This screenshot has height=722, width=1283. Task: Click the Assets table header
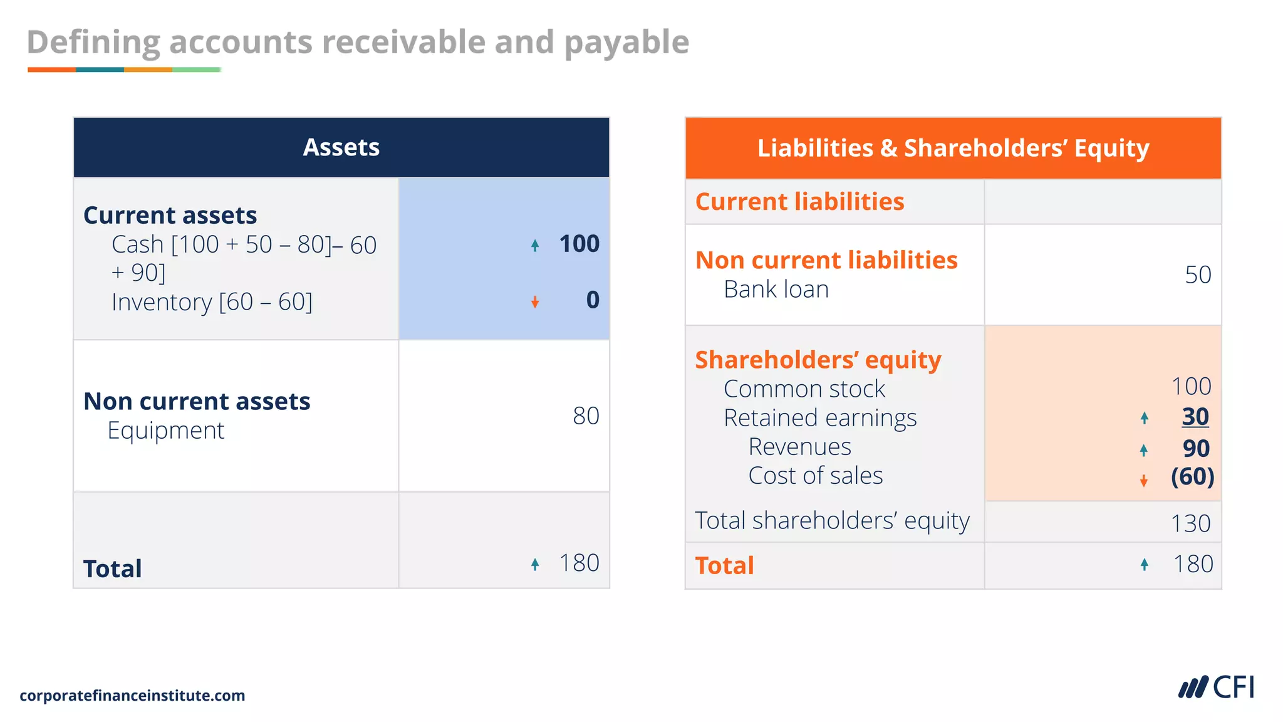(x=341, y=147)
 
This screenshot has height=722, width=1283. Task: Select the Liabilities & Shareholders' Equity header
(x=953, y=148)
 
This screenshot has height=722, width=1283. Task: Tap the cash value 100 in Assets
(x=579, y=244)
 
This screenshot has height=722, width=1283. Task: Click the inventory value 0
(x=592, y=300)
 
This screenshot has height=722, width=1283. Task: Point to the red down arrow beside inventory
(x=535, y=303)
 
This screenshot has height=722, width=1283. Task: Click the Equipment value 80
(x=586, y=416)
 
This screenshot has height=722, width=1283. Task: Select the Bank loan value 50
(x=1197, y=275)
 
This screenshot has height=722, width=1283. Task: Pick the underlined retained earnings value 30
(x=1195, y=417)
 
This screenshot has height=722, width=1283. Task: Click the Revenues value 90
(x=1195, y=449)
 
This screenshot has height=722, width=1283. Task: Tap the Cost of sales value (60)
(x=1192, y=477)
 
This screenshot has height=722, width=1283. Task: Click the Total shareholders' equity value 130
(x=1190, y=523)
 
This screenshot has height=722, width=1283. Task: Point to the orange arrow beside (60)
(x=1144, y=481)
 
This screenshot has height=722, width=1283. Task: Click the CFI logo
(x=1217, y=688)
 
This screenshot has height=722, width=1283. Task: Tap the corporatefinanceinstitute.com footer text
(x=132, y=696)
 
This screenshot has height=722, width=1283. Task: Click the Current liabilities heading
(x=799, y=202)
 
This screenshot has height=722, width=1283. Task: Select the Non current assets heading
(x=197, y=401)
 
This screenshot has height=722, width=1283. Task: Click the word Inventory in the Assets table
(x=162, y=302)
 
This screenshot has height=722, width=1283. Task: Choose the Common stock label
(x=804, y=389)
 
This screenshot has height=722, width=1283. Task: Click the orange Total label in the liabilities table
(x=724, y=565)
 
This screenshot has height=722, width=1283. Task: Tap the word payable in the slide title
(x=626, y=43)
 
